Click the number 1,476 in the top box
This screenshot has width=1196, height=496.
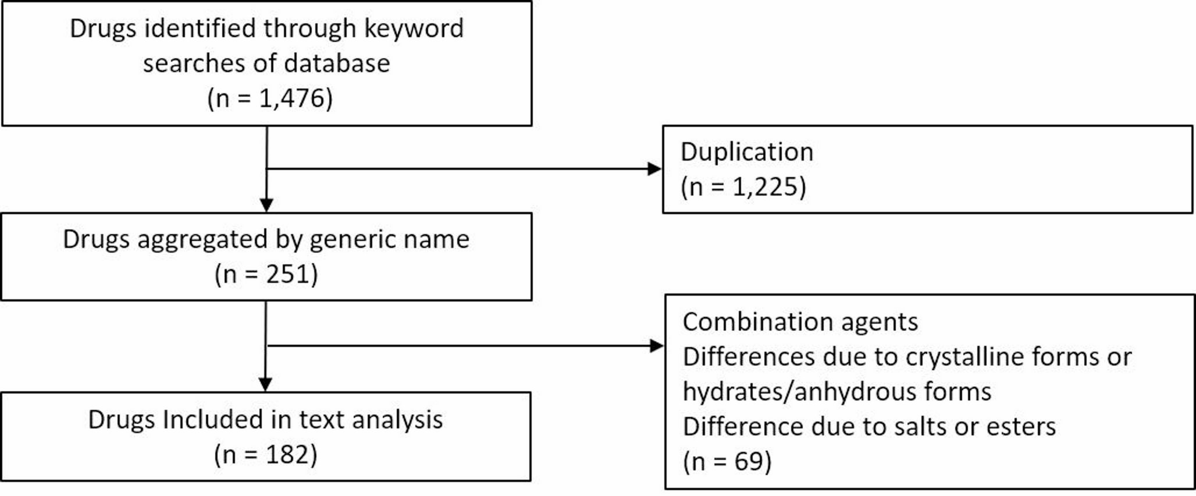tap(289, 98)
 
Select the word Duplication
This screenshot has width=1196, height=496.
tap(746, 152)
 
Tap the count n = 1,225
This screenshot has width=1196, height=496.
tap(743, 187)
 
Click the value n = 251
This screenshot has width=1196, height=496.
tap(266, 274)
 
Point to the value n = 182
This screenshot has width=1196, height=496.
tap(266, 455)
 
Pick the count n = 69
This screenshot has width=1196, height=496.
tap(727, 462)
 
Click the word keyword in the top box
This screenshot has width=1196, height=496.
tap(414, 29)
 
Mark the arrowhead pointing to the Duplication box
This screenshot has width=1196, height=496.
tap(654, 169)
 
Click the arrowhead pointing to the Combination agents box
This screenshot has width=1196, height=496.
tap(656, 346)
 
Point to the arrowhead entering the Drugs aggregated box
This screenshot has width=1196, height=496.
tap(266, 206)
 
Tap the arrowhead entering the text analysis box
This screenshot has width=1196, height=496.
tap(265, 385)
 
